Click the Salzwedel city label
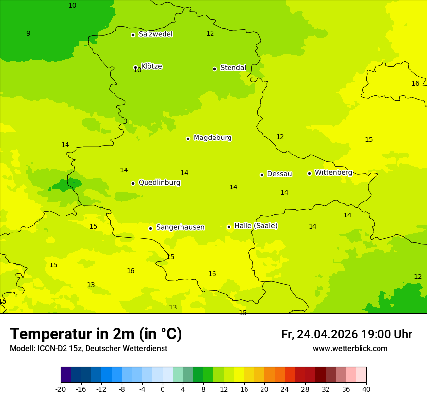click(x=155, y=34)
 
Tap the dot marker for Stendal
click(x=214, y=69)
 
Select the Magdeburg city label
click(x=213, y=138)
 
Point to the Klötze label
click(x=151, y=66)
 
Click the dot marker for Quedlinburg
click(x=133, y=183)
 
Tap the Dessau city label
click(x=279, y=174)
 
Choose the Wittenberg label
click(x=333, y=173)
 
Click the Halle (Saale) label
click(x=256, y=226)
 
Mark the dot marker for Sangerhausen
click(x=151, y=228)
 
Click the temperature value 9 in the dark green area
click(x=28, y=34)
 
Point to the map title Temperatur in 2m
click(x=96, y=334)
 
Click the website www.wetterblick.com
click(x=350, y=349)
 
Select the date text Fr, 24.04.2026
click(x=319, y=334)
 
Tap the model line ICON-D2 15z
click(x=88, y=349)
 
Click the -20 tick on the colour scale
click(x=61, y=389)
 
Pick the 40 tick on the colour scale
click(x=366, y=389)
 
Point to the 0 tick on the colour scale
click(x=163, y=389)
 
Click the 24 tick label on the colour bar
click(x=284, y=389)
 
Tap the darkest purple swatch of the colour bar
click(x=66, y=375)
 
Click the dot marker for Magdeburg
click(x=188, y=139)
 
